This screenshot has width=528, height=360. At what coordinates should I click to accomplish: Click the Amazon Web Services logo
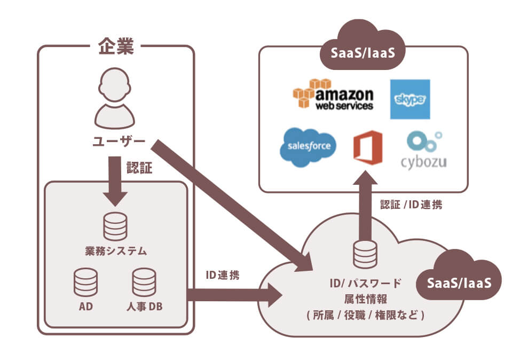(x=333, y=96)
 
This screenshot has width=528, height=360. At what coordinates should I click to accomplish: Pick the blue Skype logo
(x=409, y=99)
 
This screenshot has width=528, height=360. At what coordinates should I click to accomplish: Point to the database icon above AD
(x=85, y=281)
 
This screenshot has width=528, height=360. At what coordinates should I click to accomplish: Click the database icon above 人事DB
(x=144, y=281)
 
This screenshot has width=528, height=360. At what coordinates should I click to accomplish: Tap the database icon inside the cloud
(x=365, y=254)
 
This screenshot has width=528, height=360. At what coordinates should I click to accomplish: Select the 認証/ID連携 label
(x=411, y=204)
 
